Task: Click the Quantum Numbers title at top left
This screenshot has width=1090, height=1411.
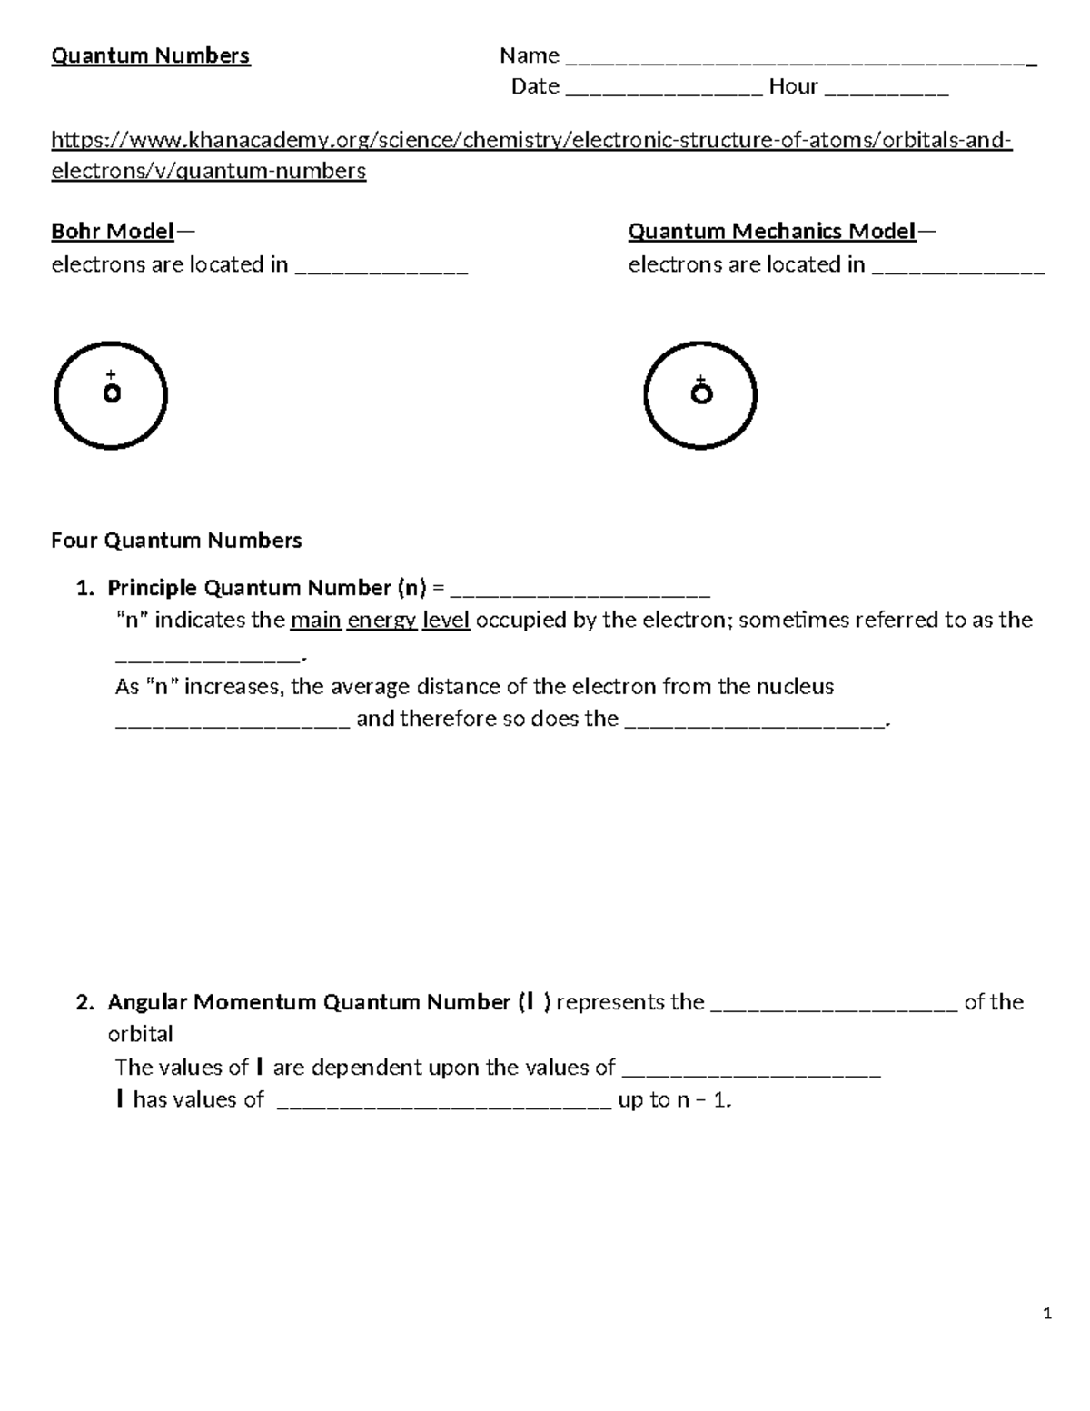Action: [x=150, y=55]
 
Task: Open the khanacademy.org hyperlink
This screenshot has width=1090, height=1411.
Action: [x=530, y=141]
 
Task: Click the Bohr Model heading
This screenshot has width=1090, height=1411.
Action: [x=113, y=231]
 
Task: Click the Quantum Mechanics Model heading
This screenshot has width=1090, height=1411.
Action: [x=771, y=231]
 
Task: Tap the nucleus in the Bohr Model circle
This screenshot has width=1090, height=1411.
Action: [x=112, y=394]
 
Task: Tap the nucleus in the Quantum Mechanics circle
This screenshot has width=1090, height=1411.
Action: [x=701, y=394]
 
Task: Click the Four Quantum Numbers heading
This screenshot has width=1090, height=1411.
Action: [x=176, y=541]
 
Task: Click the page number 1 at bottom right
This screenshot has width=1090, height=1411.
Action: [x=1047, y=1313]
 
